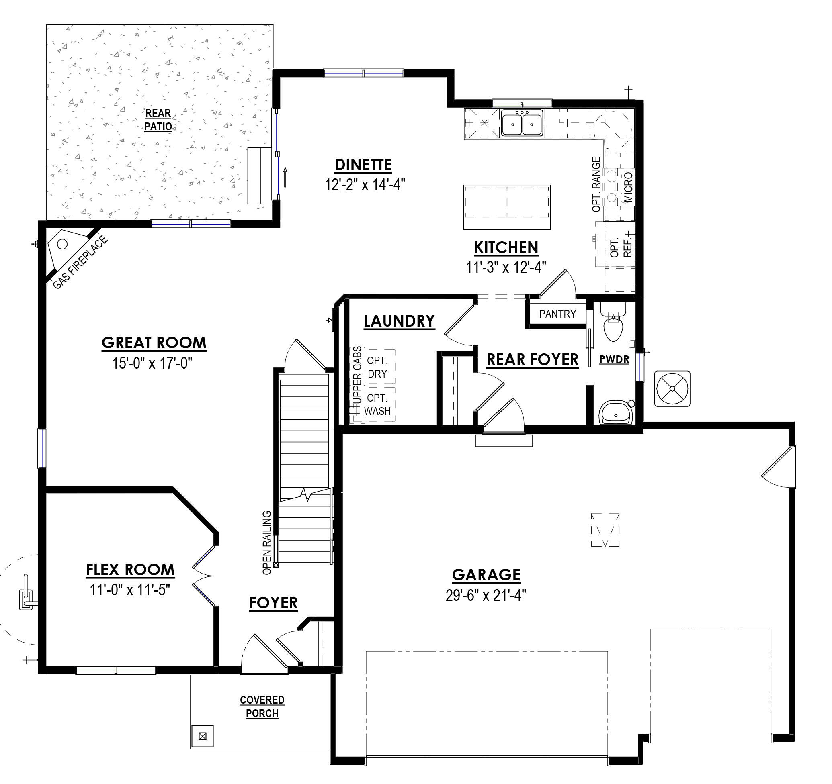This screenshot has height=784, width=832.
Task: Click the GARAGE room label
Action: point(486,575)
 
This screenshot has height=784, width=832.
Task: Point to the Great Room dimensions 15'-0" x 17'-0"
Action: point(152,363)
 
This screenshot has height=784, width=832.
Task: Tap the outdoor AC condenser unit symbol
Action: point(672,388)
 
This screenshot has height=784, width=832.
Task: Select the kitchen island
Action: point(506,207)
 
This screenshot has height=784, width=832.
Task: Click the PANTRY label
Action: point(557,314)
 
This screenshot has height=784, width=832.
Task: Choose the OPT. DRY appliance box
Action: point(377,367)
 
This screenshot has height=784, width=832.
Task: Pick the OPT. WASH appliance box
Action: point(377,405)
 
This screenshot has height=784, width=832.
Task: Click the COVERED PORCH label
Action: point(262,706)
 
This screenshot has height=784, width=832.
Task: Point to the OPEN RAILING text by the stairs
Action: point(266,542)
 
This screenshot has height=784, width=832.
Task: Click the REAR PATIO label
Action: point(158,120)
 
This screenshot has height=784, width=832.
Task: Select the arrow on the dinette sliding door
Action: point(285,176)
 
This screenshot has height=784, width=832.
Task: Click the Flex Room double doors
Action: point(204,577)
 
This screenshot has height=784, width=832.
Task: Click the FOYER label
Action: point(273,603)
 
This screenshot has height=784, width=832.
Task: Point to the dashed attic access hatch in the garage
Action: point(605,530)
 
